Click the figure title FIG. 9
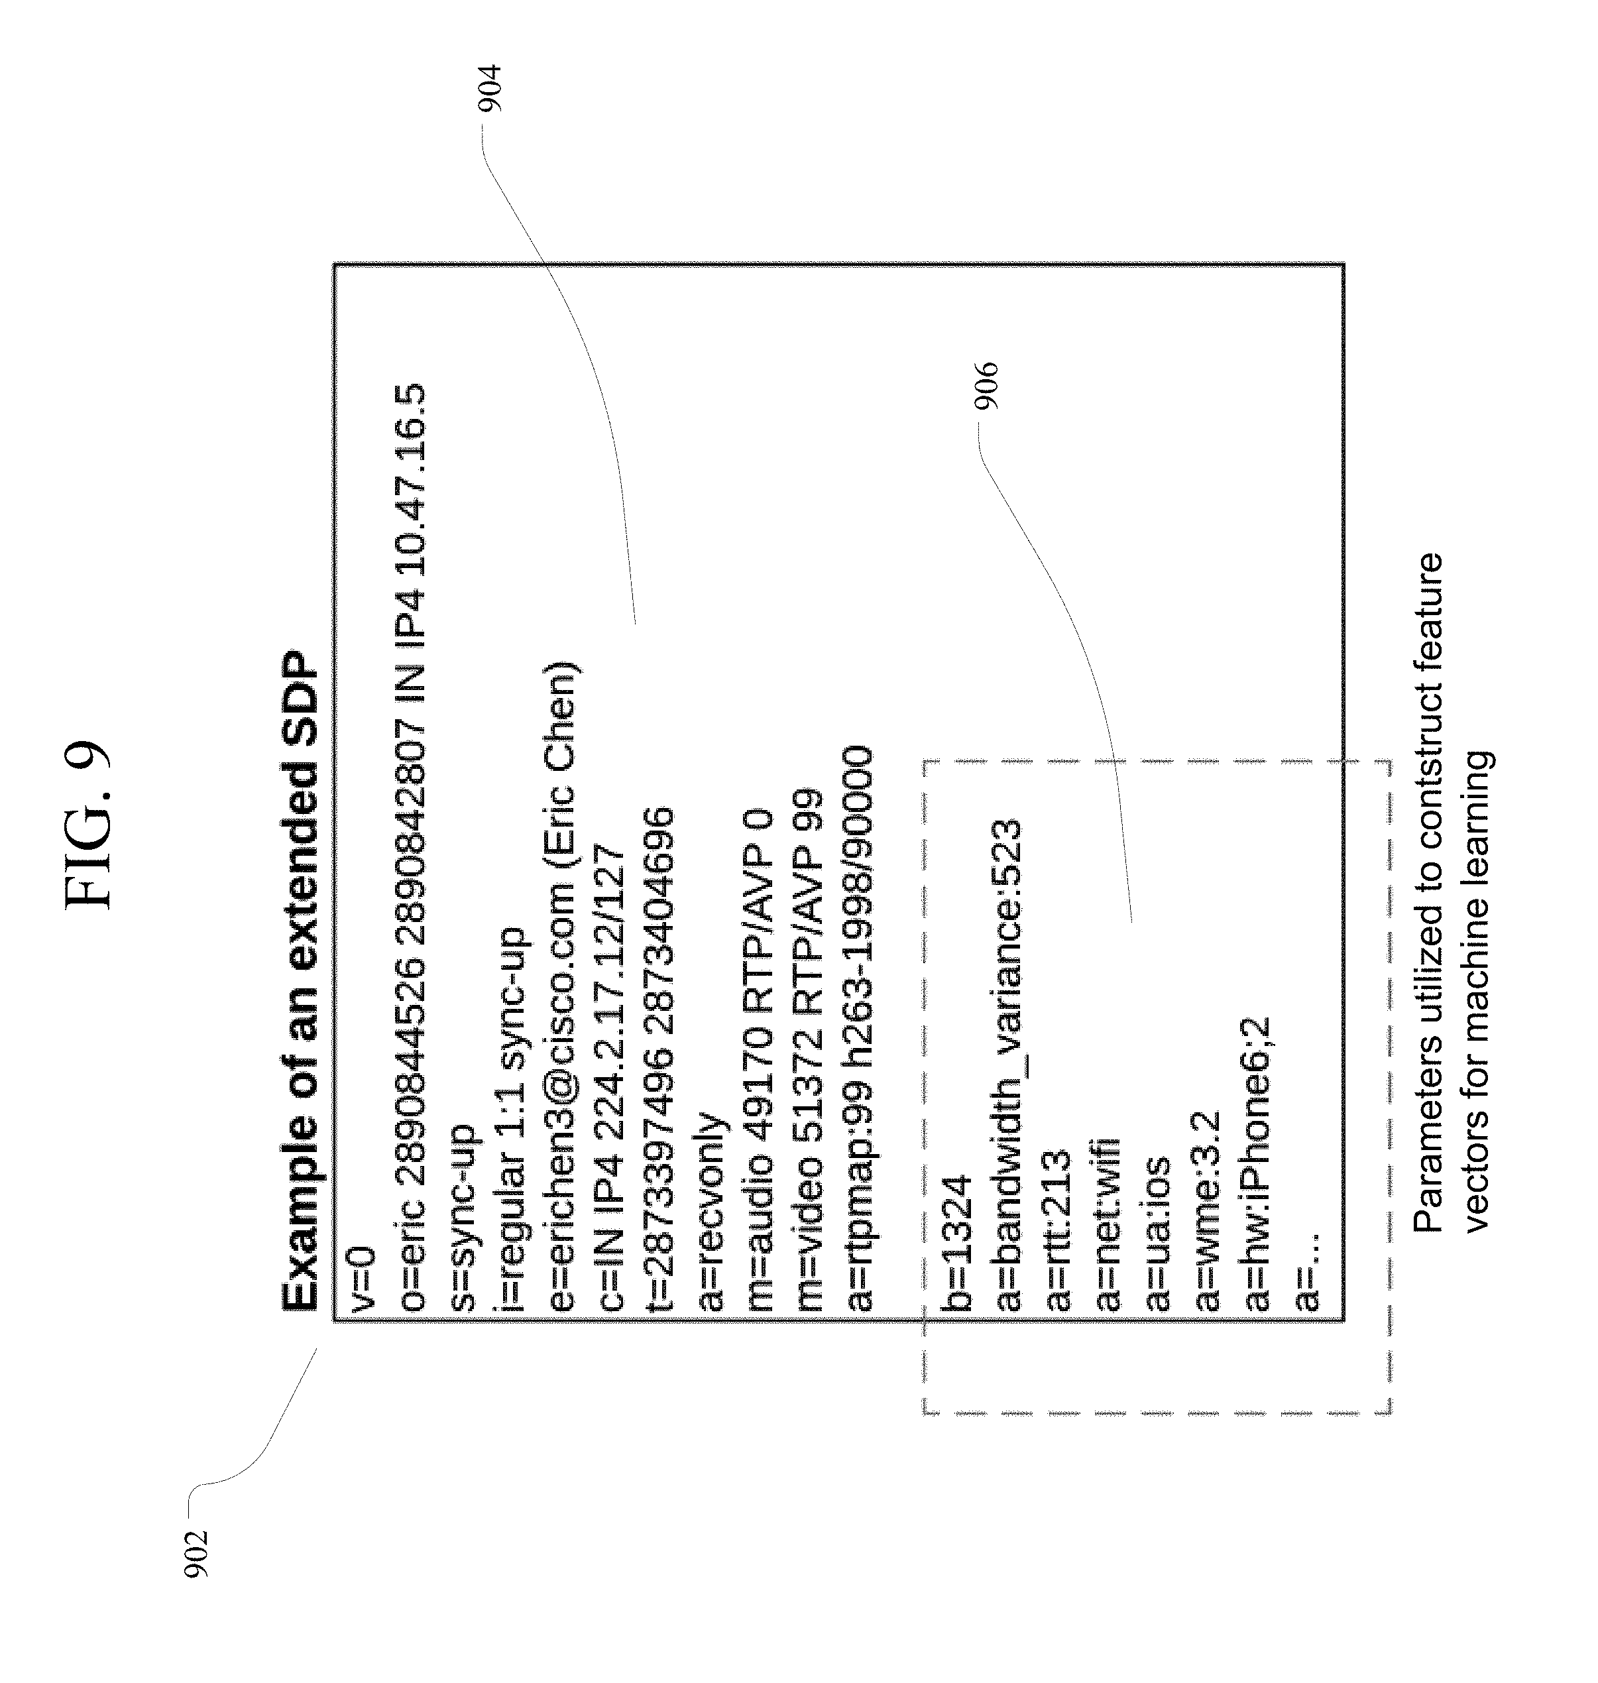(x=87, y=825)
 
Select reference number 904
(x=490, y=89)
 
